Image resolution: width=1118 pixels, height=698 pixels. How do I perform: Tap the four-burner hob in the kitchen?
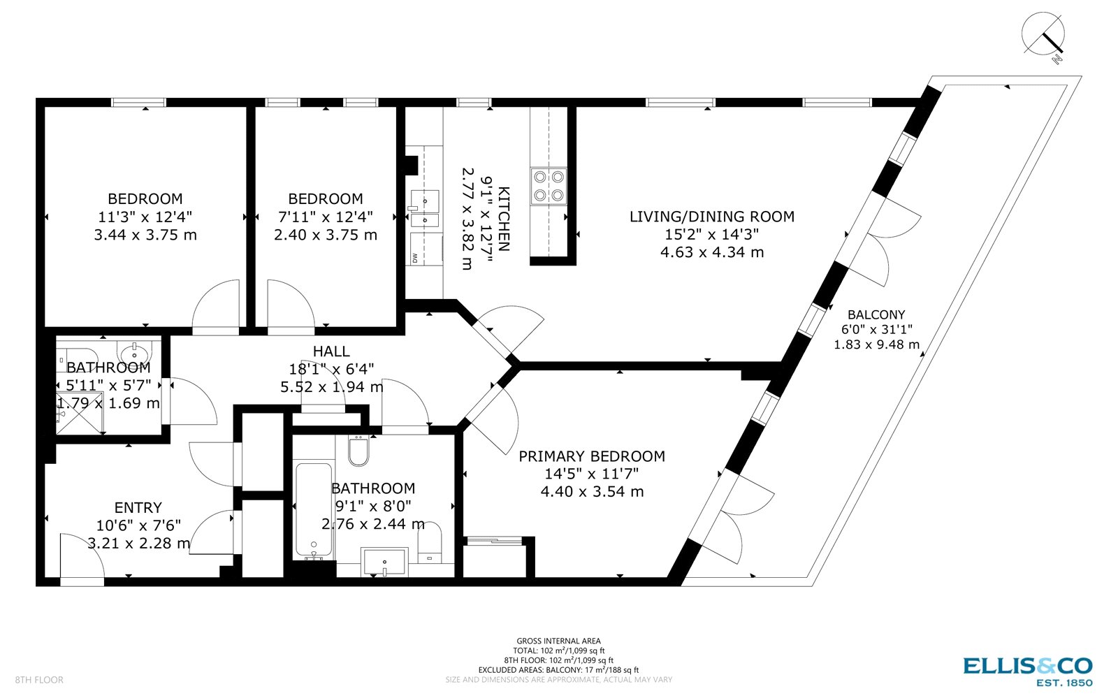pyautogui.click(x=549, y=186)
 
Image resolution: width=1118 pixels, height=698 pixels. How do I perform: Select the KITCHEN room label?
pyautogui.click(x=504, y=218)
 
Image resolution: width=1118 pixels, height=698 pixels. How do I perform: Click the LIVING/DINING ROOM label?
pyautogui.click(x=711, y=217)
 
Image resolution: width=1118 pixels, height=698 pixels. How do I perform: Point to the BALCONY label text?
pyautogui.click(x=876, y=314)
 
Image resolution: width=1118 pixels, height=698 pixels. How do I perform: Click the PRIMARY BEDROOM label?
pyautogui.click(x=591, y=456)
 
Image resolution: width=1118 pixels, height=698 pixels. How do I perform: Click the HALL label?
pyautogui.click(x=331, y=351)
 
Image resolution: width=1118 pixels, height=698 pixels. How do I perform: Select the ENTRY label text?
pyautogui.click(x=138, y=507)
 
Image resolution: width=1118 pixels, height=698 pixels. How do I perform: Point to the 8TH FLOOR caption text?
pyautogui.click(x=39, y=680)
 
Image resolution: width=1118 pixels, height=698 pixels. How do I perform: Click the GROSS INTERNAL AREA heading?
pyautogui.click(x=558, y=641)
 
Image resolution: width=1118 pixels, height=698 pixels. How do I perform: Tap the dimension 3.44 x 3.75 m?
pyautogui.click(x=145, y=235)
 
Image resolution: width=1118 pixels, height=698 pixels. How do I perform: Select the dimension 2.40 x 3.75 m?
pyautogui.click(x=326, y=235)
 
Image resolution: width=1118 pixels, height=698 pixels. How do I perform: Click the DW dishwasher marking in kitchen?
pyautogui.click(x=416, y=258)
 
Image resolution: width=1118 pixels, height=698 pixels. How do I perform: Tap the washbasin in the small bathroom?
pyautogui.click(x=133, y=350)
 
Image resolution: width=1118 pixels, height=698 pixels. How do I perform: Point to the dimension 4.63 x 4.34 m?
pyautogui.click(x=711, y=252)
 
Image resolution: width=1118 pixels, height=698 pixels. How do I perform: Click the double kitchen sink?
pyautogui.click(x=425, y=210)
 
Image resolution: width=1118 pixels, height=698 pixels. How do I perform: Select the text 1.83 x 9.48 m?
pyautogui.click(x=876, y=344)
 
